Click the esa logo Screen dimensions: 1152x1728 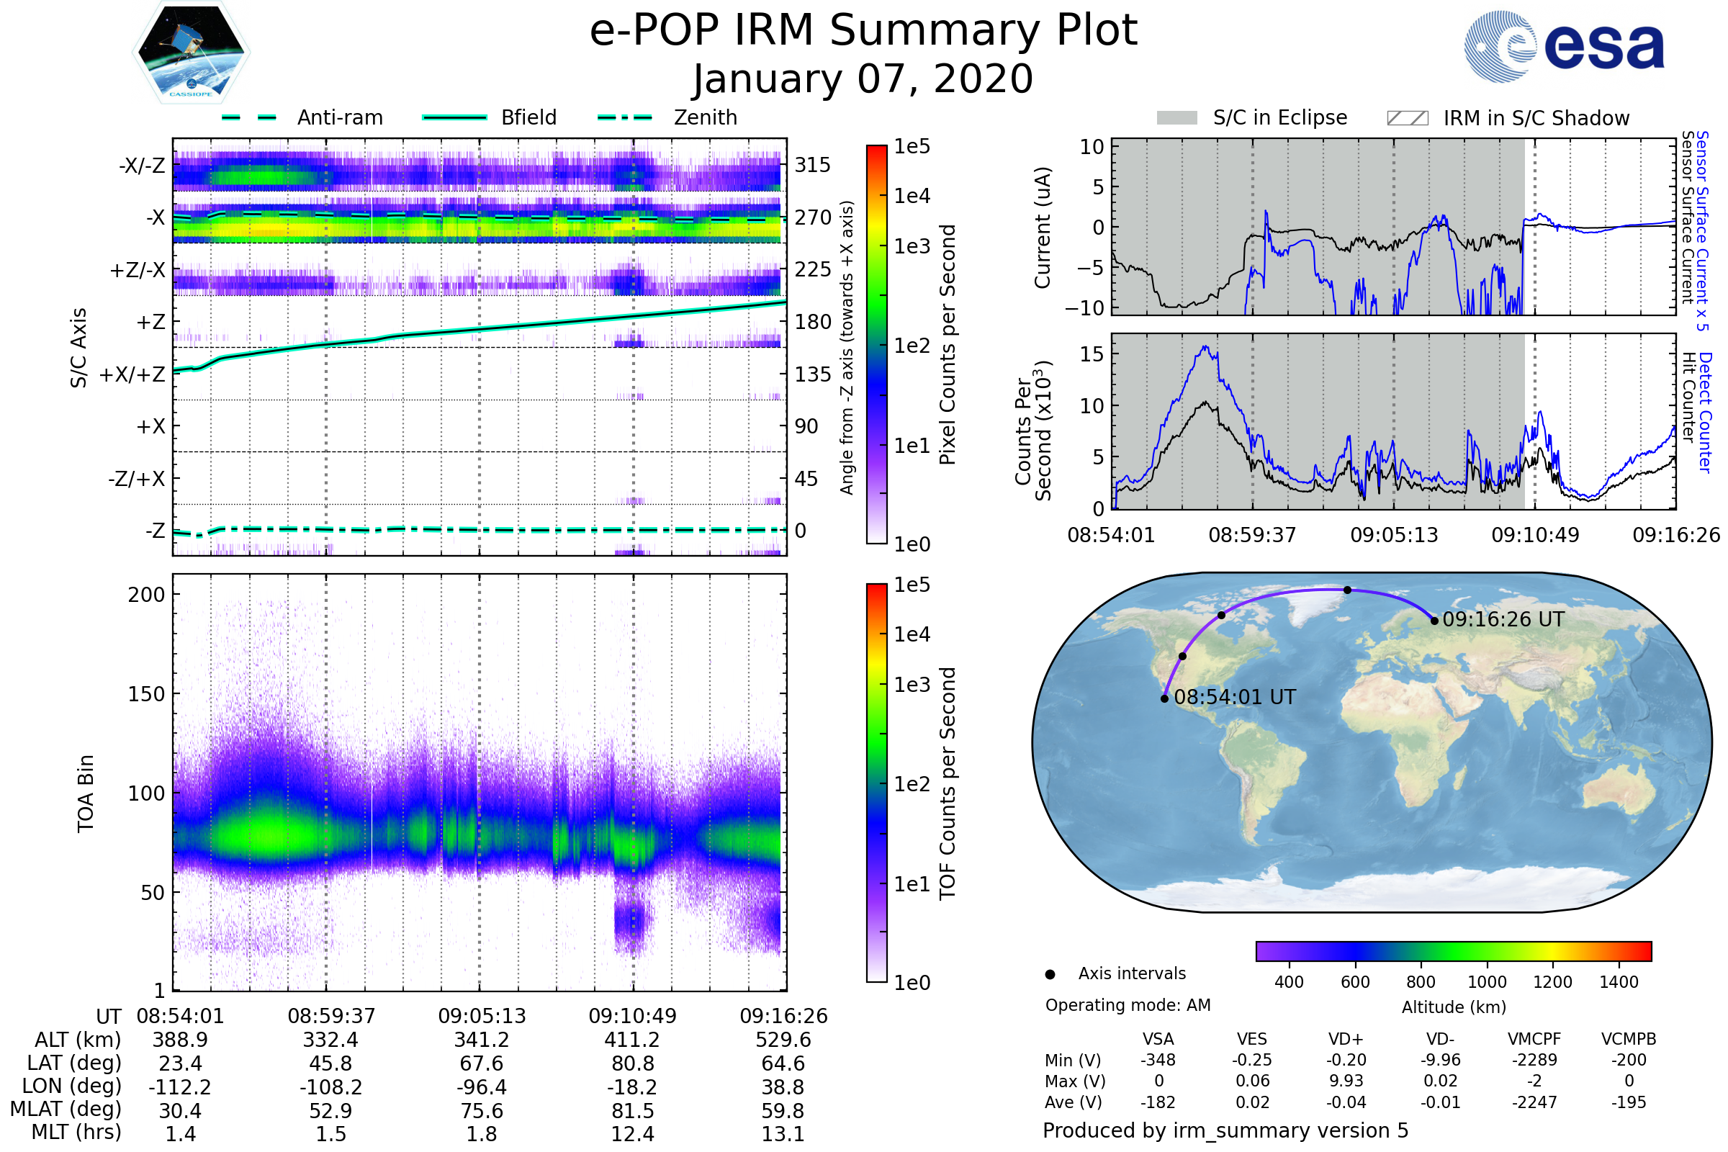(x=1564, y=47)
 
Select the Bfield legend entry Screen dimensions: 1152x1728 (x=490, y=117)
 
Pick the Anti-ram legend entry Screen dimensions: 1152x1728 (x=302, y=117)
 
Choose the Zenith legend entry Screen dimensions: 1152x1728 (x=667, y=117)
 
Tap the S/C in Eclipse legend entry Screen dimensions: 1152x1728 (x=1252, y=117)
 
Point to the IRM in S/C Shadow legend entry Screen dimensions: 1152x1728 (x=1508, y=118)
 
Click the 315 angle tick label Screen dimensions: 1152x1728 (x=812, y=165)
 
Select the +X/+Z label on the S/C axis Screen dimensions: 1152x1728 (x=132, y=374)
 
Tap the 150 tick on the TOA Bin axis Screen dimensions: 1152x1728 (x=146, y=694)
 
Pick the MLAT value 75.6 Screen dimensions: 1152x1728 (x=481, y=1111)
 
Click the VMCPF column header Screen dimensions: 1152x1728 (x=1534, y=1039)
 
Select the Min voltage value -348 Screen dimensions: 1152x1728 (x=1158, y=1060)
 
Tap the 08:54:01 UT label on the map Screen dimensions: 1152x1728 (x=1234, y=697)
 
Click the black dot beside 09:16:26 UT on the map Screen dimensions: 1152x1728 (x=1434, y=621)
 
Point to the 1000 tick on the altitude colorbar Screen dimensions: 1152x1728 (x=1486, y=982)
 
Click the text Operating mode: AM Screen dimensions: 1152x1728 (x=1128, y=1005)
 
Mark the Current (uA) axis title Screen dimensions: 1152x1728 (x=1043, y=228)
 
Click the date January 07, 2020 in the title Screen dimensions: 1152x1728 (x=863, y=79)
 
